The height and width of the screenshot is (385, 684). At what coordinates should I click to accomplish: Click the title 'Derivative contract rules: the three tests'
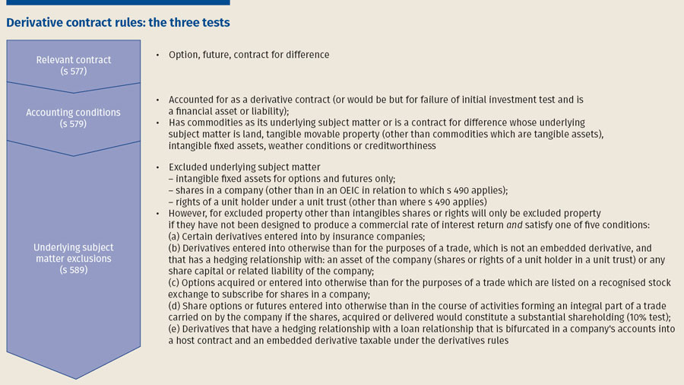point(118,23)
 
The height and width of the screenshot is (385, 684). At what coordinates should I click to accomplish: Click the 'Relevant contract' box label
point(73,59)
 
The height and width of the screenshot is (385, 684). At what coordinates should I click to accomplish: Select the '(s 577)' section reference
point(73,72)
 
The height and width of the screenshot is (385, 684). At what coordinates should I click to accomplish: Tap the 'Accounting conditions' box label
point(73,112)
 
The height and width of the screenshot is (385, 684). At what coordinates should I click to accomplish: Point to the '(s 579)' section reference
point(73,123)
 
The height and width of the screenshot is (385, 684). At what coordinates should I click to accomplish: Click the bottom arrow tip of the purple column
point(73,378)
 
